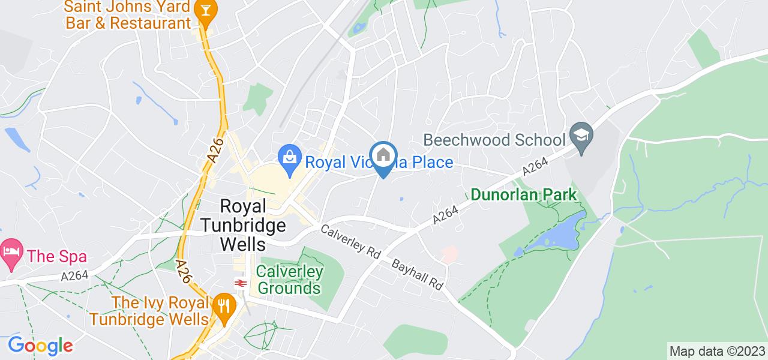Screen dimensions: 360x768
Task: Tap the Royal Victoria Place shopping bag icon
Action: point(290,158)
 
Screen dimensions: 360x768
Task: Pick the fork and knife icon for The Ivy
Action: point(223,306)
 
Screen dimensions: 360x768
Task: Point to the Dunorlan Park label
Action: point(524,194)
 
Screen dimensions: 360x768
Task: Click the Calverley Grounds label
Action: point(289,280)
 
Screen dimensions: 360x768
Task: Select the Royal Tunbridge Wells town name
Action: point(243,225)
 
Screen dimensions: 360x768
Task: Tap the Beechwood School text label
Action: point(494,140)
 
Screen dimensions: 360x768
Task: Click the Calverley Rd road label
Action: point(352,241)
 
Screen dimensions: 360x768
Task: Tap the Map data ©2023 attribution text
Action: point(718,351)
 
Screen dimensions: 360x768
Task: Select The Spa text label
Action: point(57,257)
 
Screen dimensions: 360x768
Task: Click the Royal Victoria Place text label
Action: point(379,162)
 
